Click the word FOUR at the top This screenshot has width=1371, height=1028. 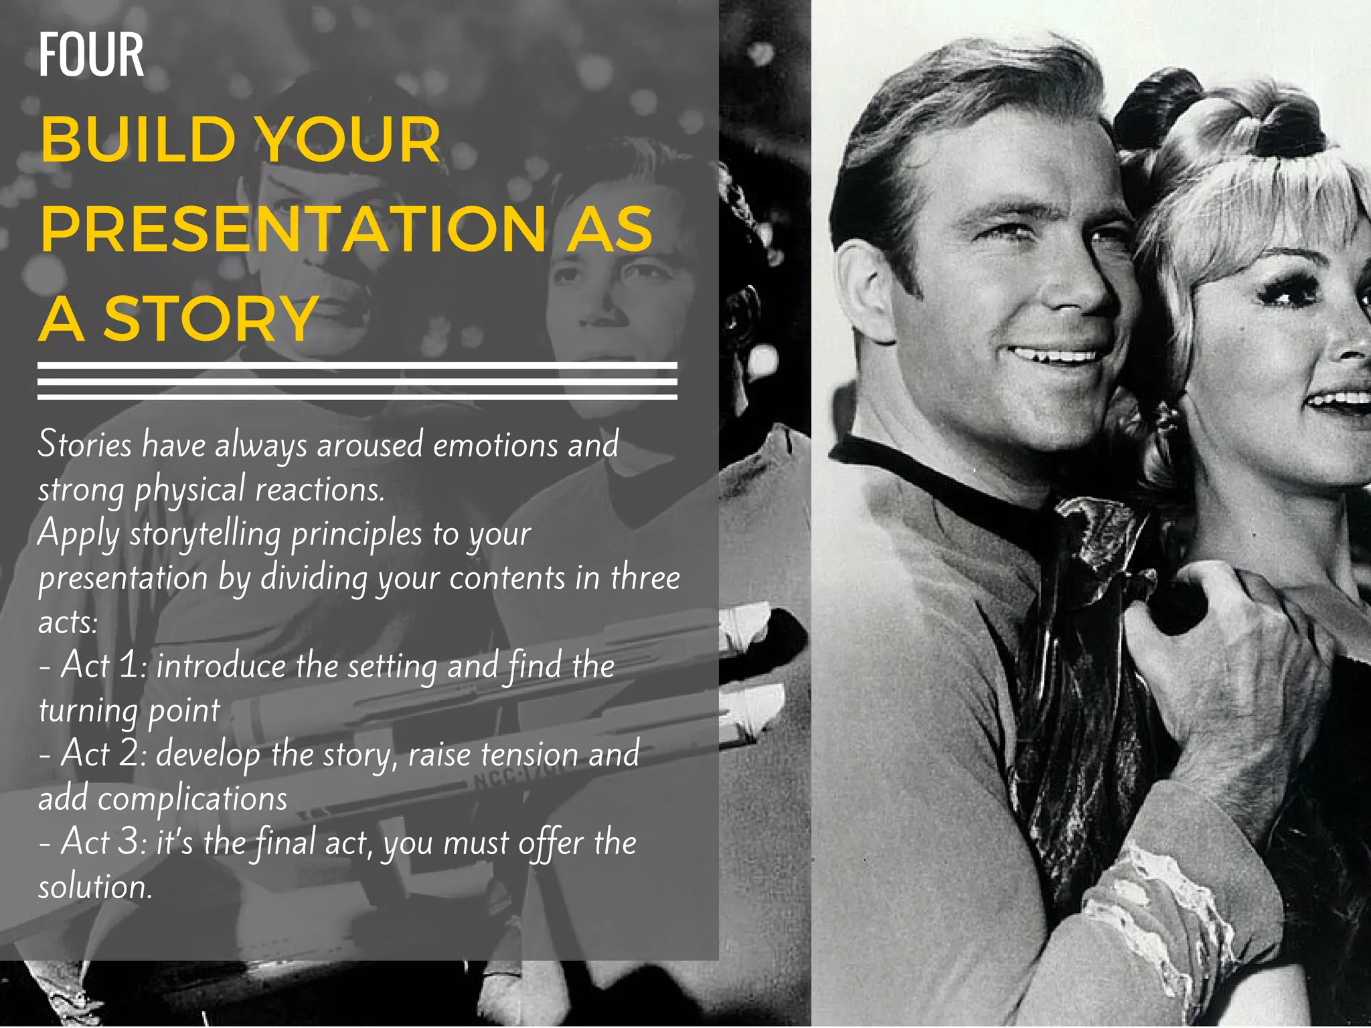click(91, 55)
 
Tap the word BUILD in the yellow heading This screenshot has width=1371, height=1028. click(138, 140)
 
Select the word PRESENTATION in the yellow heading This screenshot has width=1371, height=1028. click(293, 229)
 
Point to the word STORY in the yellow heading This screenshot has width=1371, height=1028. click(210, 319)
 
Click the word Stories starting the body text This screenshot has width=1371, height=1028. click(85, 444)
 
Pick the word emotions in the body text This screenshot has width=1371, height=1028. click(495, 446)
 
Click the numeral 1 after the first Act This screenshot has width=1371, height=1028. click(129, 665)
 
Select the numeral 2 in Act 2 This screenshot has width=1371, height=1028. click(129, 754)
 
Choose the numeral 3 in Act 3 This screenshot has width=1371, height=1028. click(129, 842)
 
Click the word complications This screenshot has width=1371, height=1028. click(193, 799)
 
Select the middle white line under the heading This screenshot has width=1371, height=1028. click(357, 381)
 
